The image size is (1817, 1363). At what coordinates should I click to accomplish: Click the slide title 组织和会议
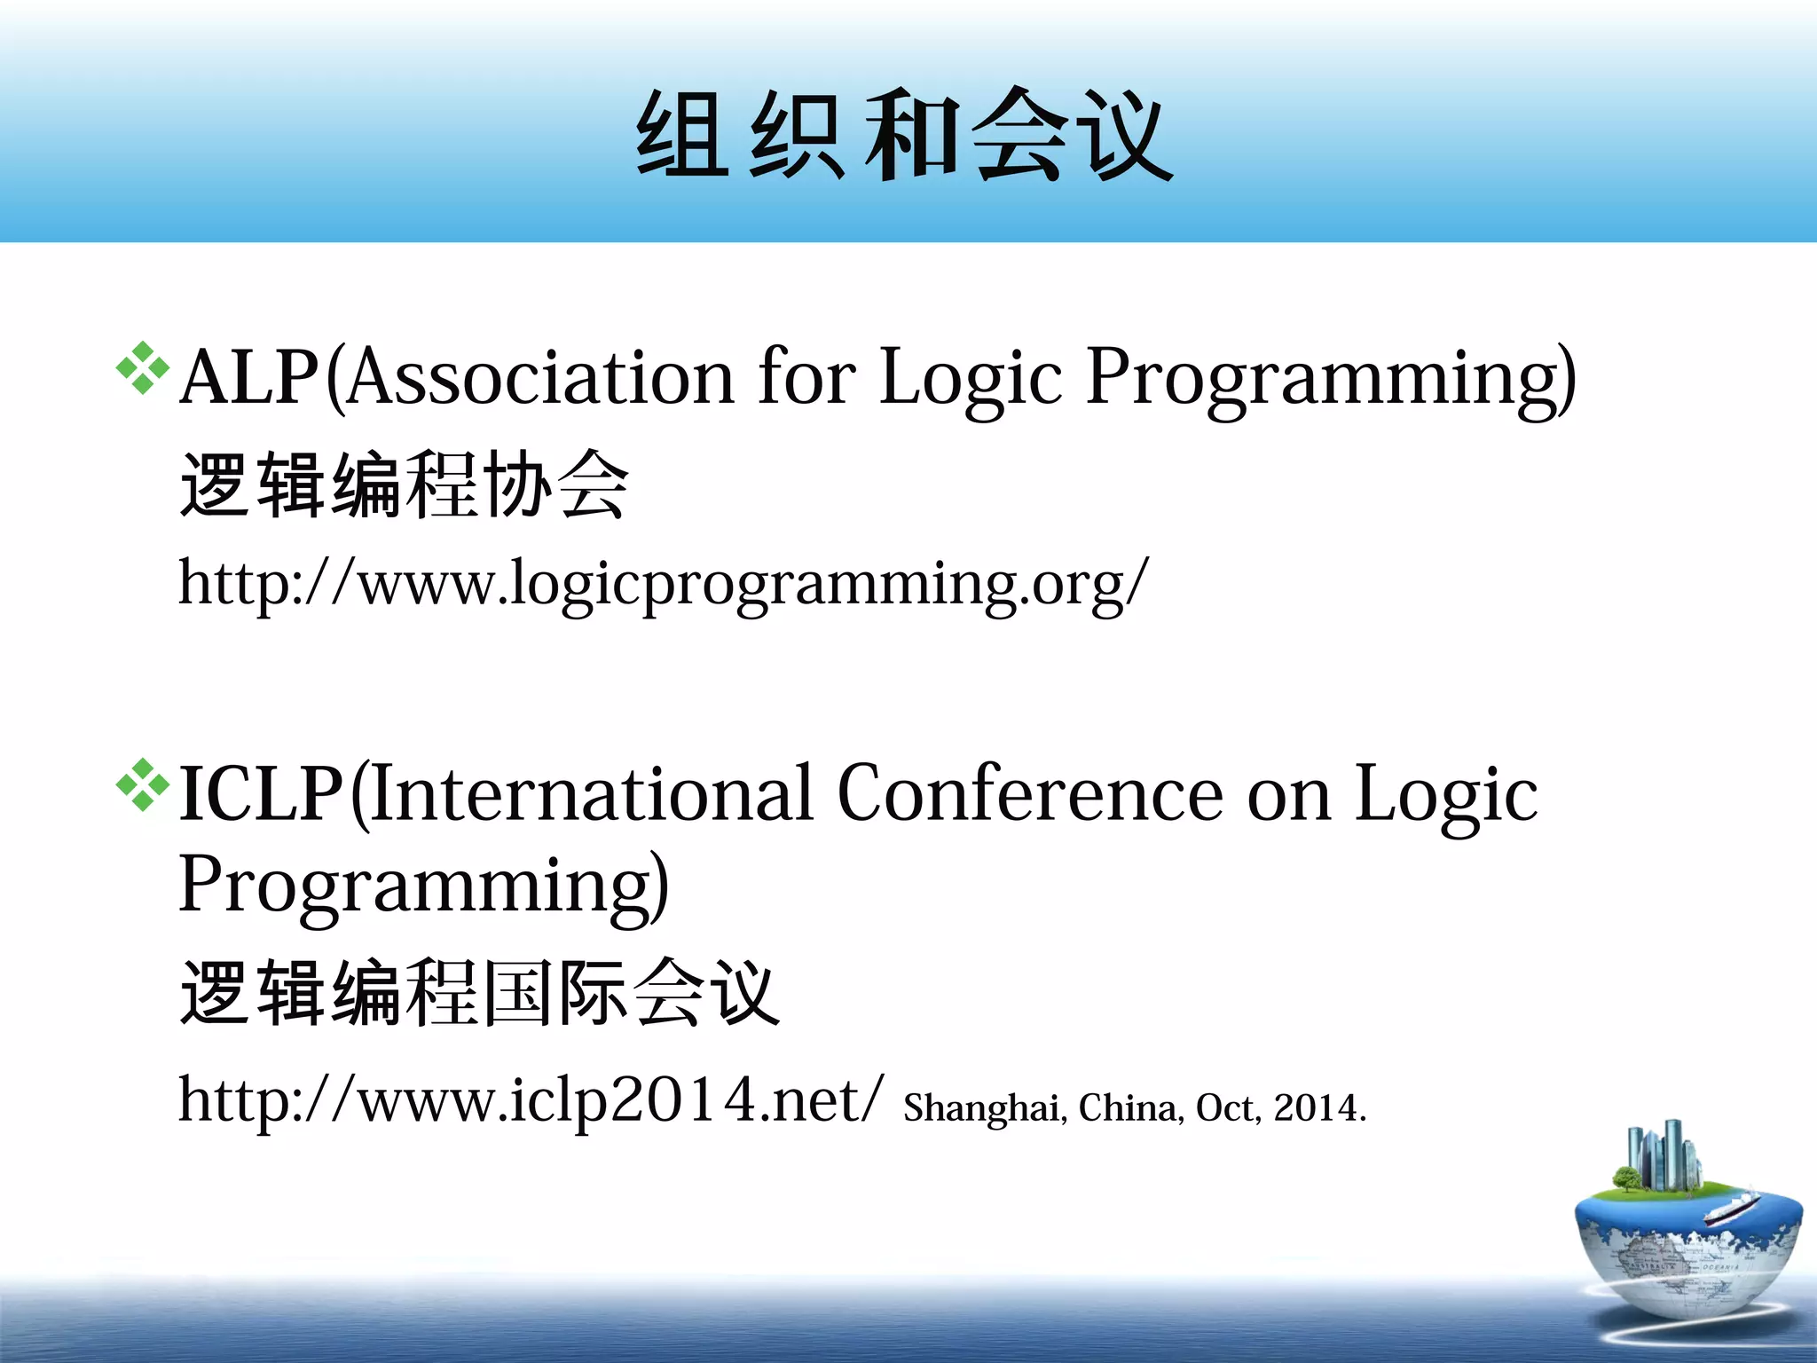coord(905,136)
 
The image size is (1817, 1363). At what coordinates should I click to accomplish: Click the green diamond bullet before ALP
coord(142,367)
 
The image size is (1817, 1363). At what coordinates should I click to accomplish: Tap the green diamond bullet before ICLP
coord(142,784)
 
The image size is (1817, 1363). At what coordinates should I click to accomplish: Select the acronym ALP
coord(249,378)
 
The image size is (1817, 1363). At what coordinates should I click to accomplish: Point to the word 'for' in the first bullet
coord(806,378)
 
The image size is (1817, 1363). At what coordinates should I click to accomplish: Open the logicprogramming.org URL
coord(663,585)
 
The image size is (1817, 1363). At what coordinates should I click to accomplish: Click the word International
coord(592,794)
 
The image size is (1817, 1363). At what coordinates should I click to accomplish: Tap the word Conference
coord(1030,794)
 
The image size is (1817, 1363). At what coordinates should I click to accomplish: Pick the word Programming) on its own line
coord(423,886)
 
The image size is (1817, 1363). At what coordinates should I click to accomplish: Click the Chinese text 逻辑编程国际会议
coord(479,993)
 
